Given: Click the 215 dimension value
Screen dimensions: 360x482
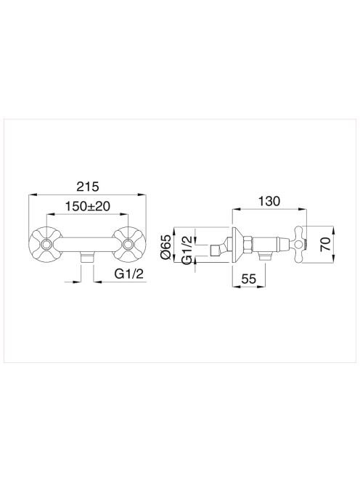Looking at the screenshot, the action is (x=88, y=187).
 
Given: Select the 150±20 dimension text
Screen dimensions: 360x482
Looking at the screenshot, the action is (x=87, y=206).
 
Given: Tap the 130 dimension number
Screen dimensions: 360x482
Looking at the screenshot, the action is (x=269, y=201).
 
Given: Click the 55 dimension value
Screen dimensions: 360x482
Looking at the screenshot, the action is (x=249, y=279).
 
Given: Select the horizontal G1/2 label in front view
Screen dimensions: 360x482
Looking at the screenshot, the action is (x=129, y=273).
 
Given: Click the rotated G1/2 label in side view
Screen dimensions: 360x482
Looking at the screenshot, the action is (x=187, y=250).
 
